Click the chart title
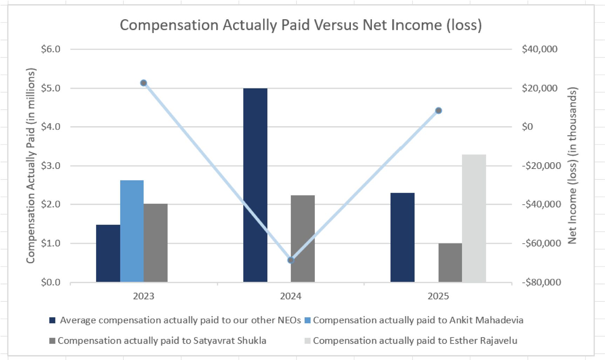301,25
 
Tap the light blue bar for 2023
132,231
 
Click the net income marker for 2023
143,83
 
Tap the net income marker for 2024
291,260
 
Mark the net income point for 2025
438,111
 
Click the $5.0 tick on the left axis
51,88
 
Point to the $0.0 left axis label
51,282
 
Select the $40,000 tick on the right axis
539,49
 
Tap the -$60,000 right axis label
541,243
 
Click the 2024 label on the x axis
291,297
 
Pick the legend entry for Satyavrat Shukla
162,341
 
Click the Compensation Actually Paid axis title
31,165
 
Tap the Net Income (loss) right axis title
572,165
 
